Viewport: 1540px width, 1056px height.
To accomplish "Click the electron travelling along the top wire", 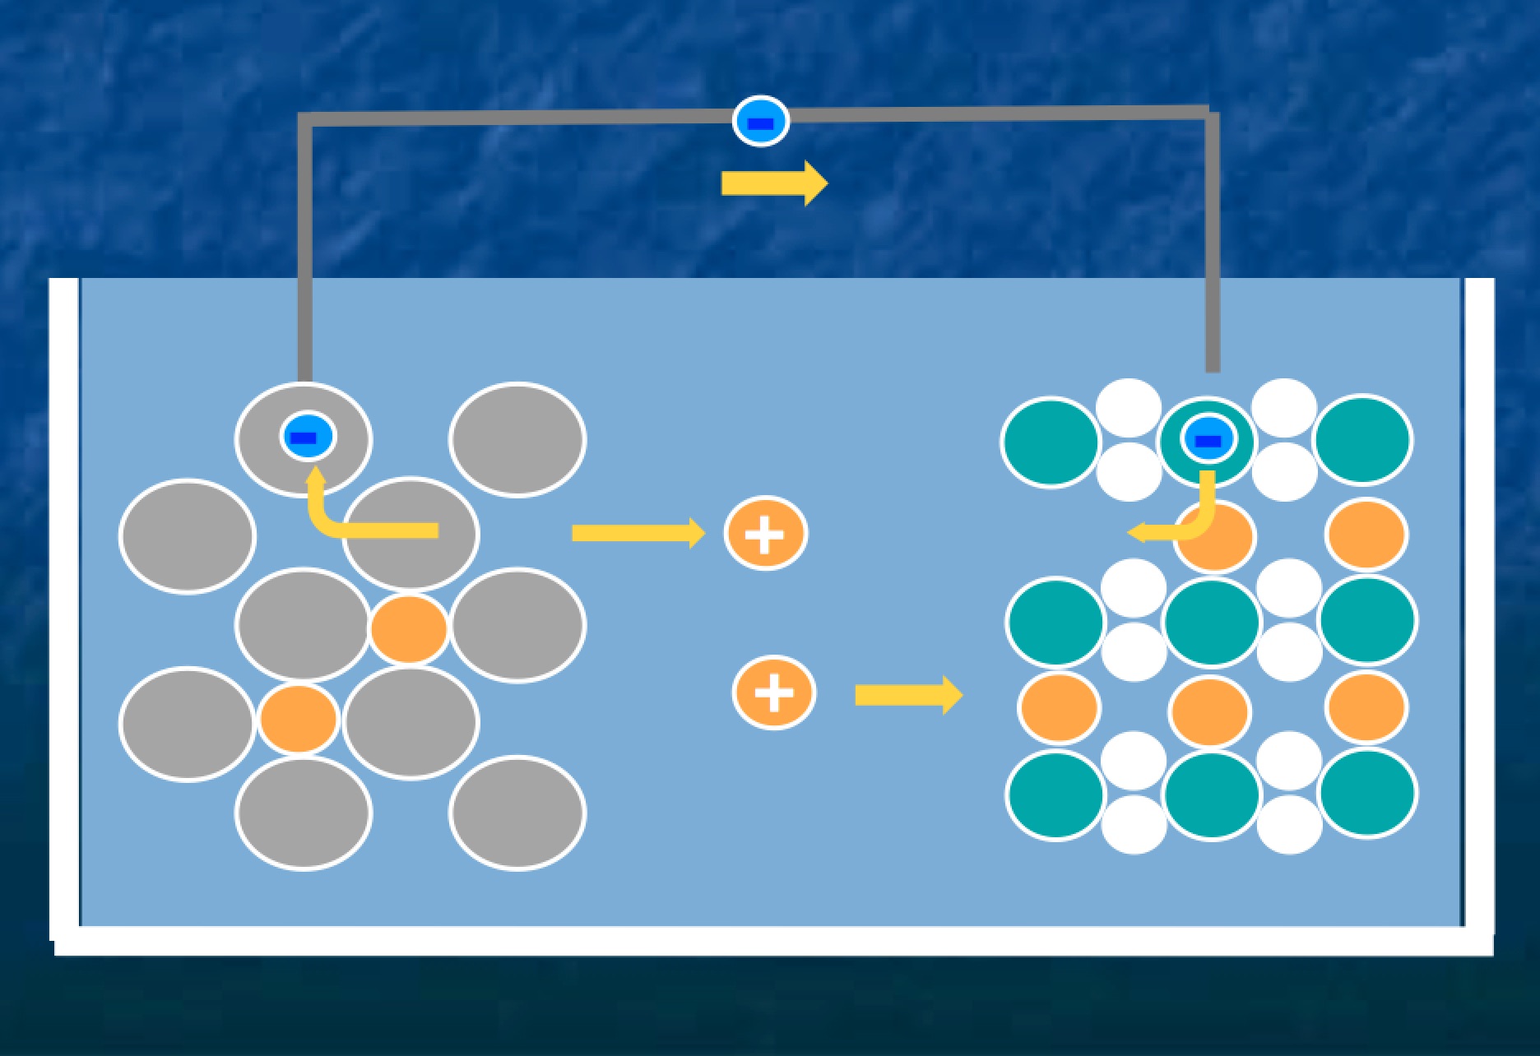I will click(761, 122).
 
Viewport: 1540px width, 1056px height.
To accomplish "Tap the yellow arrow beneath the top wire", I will click(774, 183).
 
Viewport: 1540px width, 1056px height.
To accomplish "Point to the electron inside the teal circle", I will click(1208, 440).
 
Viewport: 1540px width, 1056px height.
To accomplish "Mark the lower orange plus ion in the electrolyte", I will click(774, 692).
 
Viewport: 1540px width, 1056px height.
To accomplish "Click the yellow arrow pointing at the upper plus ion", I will click(638, 533).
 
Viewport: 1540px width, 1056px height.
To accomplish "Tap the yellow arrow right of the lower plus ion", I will click(908, 696).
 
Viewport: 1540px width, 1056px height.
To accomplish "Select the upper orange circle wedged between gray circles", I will click(409, 629).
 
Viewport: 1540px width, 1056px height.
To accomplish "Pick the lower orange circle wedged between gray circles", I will click(299, 718).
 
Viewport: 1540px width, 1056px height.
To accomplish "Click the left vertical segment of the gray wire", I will click(305, 247).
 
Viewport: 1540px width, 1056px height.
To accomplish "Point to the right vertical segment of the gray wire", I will click(1212, 247).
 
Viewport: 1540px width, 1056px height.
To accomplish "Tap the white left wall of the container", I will click(63, 609).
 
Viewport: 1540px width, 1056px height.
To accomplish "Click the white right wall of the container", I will click(1479, 609).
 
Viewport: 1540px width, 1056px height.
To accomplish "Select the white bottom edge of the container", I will click(773, 942).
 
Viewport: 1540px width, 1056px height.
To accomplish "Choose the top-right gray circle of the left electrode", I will click(517, 440).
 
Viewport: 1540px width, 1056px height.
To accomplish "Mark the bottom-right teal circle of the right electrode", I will click(1366, 793).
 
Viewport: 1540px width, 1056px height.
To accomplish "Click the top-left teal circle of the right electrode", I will click(1051, 442).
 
